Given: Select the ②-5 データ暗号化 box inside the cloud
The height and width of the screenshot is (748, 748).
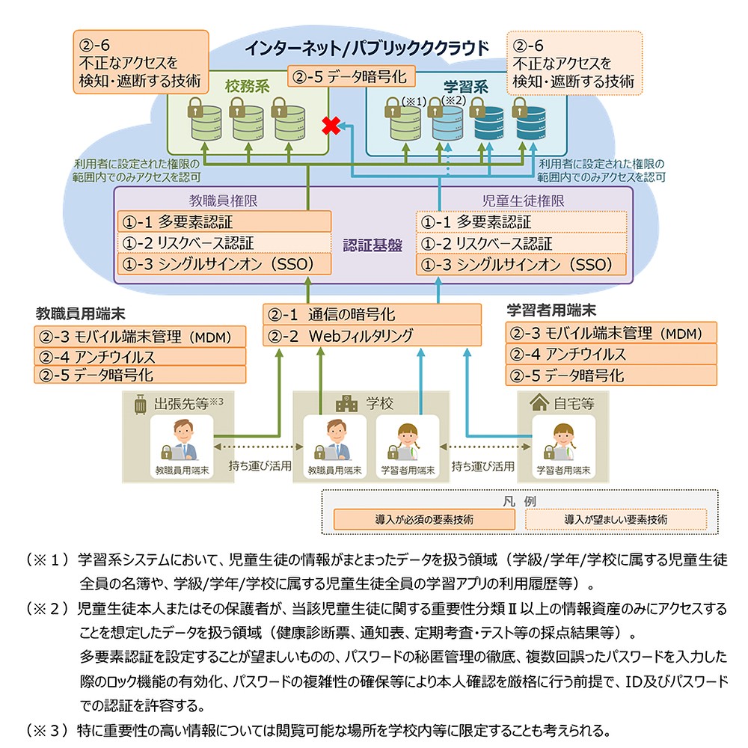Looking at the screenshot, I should pyautogui.click(x=348, y=76).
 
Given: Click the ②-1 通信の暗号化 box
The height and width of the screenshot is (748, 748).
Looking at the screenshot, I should pyautogui.click(x=372, y=314).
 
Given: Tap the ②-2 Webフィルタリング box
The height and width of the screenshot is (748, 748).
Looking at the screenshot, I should pyautogui.click(x=372, y=336).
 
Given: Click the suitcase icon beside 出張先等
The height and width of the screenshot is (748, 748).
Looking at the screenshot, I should pyautogui.click(x=139, y=405).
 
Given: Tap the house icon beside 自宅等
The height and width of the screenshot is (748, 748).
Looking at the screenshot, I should pyautogui.click(x=538, y=404).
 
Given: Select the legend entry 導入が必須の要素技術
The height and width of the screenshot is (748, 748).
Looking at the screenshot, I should pyautogui.click(x=424, y=518).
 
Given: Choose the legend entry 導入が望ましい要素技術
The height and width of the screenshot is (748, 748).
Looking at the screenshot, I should pyautogui.click(x=616, y=518).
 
